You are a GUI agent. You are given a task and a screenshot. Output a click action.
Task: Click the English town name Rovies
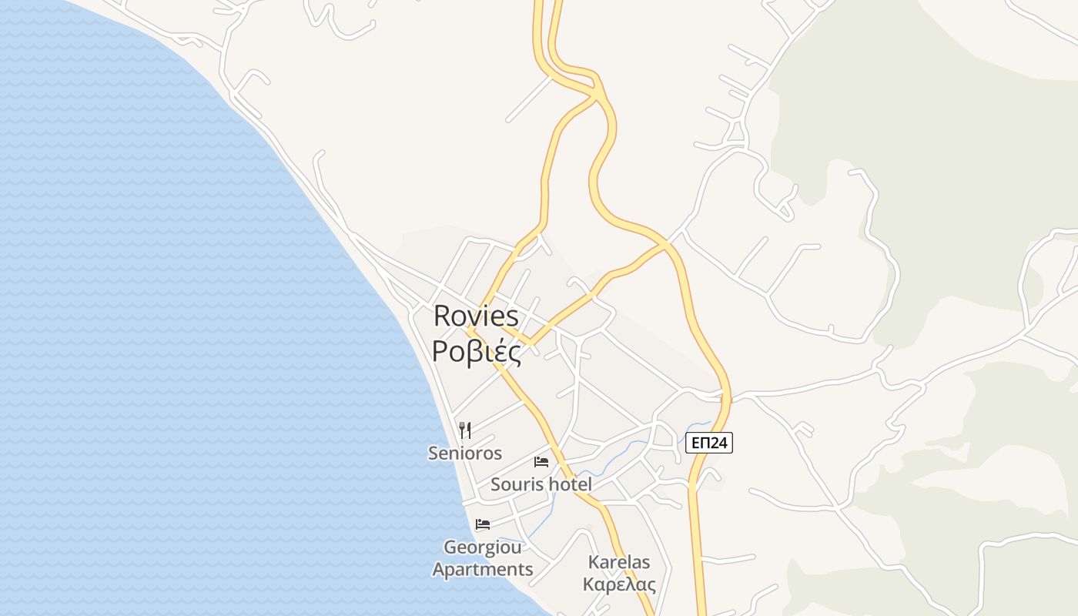click(476, 316)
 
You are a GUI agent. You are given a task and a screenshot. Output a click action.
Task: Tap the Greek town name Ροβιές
click(476, 351)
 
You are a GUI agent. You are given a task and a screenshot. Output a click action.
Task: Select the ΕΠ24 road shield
click(708, 443)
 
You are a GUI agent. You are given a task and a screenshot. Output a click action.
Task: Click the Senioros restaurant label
click(465, 454)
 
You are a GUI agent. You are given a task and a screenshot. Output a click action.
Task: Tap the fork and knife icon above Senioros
click(465, 430)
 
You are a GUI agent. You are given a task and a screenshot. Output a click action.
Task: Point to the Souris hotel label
click(541, 484)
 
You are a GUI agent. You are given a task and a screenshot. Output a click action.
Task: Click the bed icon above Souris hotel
click(541, 462)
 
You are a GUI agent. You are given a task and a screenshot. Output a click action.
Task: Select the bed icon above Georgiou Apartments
click(483, 524)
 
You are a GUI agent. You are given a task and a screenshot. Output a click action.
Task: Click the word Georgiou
click(483, 547)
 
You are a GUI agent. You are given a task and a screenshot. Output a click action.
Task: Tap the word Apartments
click(483, 570)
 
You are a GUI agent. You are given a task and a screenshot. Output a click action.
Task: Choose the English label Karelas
click(619, 562)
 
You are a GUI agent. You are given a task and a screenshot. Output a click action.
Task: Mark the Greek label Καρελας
click(619, 584)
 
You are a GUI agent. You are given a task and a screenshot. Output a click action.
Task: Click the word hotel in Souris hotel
click(569, 484)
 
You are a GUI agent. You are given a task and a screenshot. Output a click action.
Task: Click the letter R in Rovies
click(442, 316)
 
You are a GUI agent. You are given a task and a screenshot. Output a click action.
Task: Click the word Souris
click(515, 484)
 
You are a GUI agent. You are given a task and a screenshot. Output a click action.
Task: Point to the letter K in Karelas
click(593, 562)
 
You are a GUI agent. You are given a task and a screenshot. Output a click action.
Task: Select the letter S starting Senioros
click(433, 454)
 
